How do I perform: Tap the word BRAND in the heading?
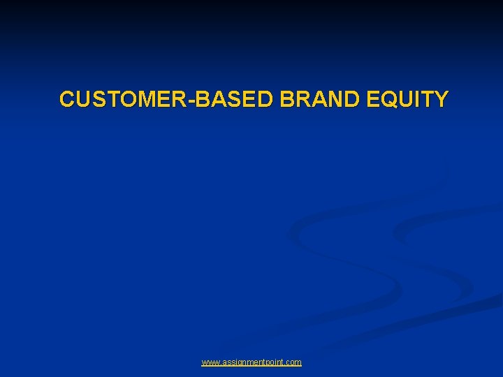[x=317, y=100]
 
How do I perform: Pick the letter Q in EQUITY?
[x=388, y=100]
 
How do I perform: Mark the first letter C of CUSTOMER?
[x=67, y=100]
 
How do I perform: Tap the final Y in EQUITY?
[x=441, y=100]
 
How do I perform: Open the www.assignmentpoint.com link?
[x=251, y=362]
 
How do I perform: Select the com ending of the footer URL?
[x=294, y=362]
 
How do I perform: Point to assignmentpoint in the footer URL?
[x=252, y=362]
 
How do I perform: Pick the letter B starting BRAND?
[x=286, y=100]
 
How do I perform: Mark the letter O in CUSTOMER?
[x=130, y=100]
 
